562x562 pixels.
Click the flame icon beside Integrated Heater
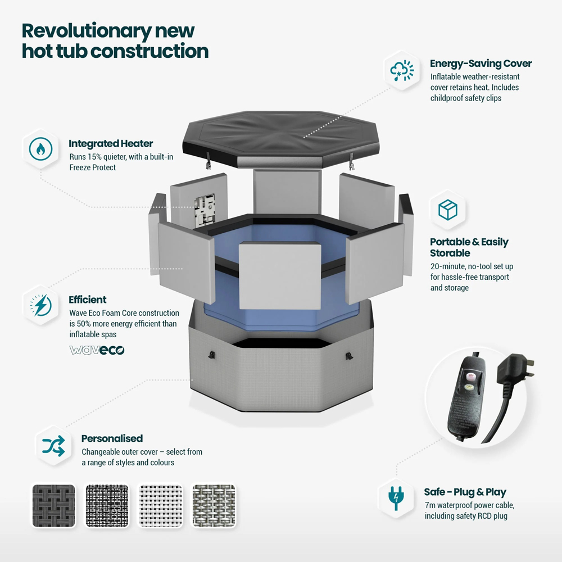click(x=40, y=149)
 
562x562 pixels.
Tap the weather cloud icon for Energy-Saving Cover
click(x=402, y=70)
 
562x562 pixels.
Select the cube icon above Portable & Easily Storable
click(x=448, y=210)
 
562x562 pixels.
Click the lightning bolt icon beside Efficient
click(x=40, y=305)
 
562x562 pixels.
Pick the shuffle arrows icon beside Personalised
click(x=53, y=446)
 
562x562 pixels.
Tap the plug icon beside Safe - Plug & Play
click(x=396, y=498)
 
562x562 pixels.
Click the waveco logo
click(x=97, y=350)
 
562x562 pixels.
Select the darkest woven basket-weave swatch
click(x=54, y=506)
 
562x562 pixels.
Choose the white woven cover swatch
click(x=161, y=506)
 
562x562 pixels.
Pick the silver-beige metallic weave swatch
click(x=214, y=506)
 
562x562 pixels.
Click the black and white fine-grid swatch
click(x=107, y=506)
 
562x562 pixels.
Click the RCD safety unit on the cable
click(x=465, y=395)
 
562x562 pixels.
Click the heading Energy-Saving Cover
click(x=481, y=64)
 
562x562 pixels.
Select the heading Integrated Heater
click(x=111, y=143)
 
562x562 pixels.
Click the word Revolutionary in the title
click(x=87, y=31)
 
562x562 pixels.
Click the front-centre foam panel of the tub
click(x=280, y=275)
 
